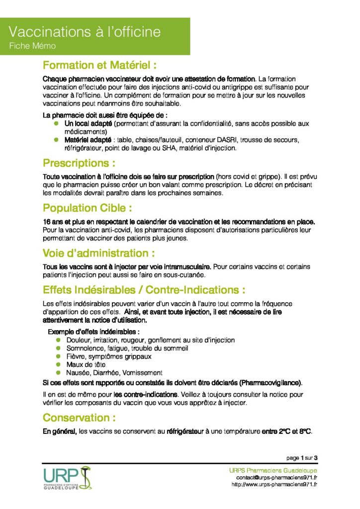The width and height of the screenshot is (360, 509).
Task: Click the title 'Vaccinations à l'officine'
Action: [85, 32]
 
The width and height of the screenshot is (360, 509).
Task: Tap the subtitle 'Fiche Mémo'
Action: [32, 46]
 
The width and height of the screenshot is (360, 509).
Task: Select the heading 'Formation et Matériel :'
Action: [100, 65]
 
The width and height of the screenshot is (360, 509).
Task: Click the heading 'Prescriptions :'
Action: [80, 163]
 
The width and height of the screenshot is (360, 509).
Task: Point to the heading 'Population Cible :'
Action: [88, 208]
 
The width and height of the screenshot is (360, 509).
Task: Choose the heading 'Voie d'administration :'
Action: [102, 253]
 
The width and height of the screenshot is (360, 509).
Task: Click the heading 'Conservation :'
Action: [76, 417]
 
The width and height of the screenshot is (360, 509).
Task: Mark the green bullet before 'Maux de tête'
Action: [58, 364]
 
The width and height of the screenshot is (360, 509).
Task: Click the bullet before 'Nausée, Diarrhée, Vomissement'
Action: [58, 372]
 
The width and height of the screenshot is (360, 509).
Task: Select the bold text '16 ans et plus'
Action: [63, 221]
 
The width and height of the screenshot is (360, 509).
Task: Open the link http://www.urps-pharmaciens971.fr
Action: [274, 485]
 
